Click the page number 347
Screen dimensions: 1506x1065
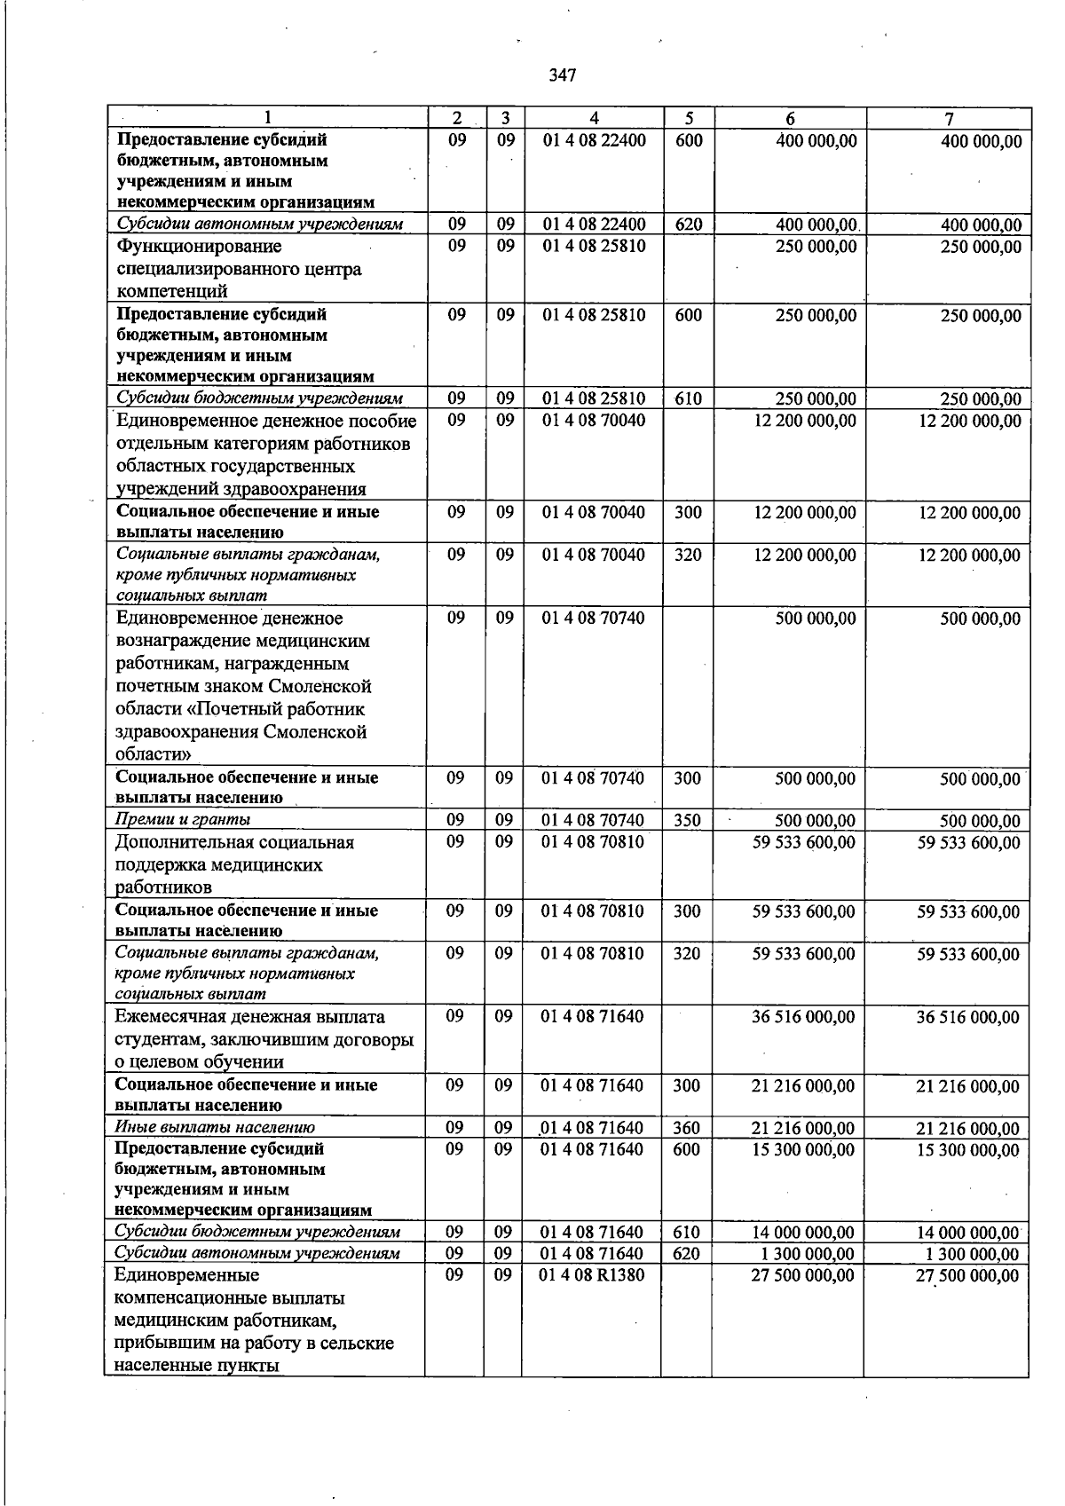563,75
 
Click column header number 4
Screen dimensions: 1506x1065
593,118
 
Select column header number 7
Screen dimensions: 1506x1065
949,119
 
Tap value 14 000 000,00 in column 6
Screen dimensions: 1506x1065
803,1232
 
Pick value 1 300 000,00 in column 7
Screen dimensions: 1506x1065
972,1254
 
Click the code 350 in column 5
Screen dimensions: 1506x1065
687,820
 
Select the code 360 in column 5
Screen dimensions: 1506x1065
687,1128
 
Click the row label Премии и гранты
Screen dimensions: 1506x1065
183,819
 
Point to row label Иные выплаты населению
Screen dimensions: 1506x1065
215,1127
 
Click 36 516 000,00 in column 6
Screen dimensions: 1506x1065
803,1017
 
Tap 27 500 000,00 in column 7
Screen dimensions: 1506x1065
968,1275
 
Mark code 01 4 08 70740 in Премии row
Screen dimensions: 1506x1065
592,820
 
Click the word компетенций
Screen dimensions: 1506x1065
172,291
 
